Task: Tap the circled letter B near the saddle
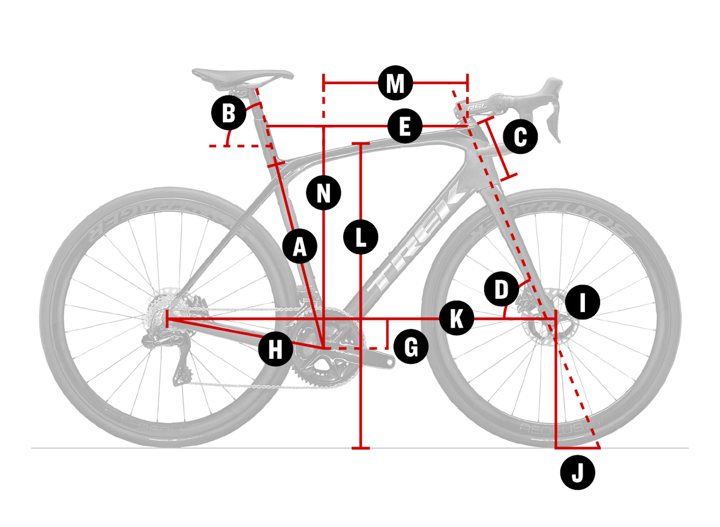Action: [229, 113]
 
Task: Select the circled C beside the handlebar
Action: [520, 137]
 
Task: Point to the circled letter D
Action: [501, 289]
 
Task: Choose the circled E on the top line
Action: [404, 127]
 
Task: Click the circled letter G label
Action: [411, 347]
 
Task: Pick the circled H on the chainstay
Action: [275, 348]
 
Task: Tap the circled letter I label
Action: [583, 303]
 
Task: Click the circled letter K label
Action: [457, 319]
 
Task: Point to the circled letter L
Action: [361, 237]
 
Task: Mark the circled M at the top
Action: [395, 83]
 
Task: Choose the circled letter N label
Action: [324, 193]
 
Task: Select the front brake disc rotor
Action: [543, 315]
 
